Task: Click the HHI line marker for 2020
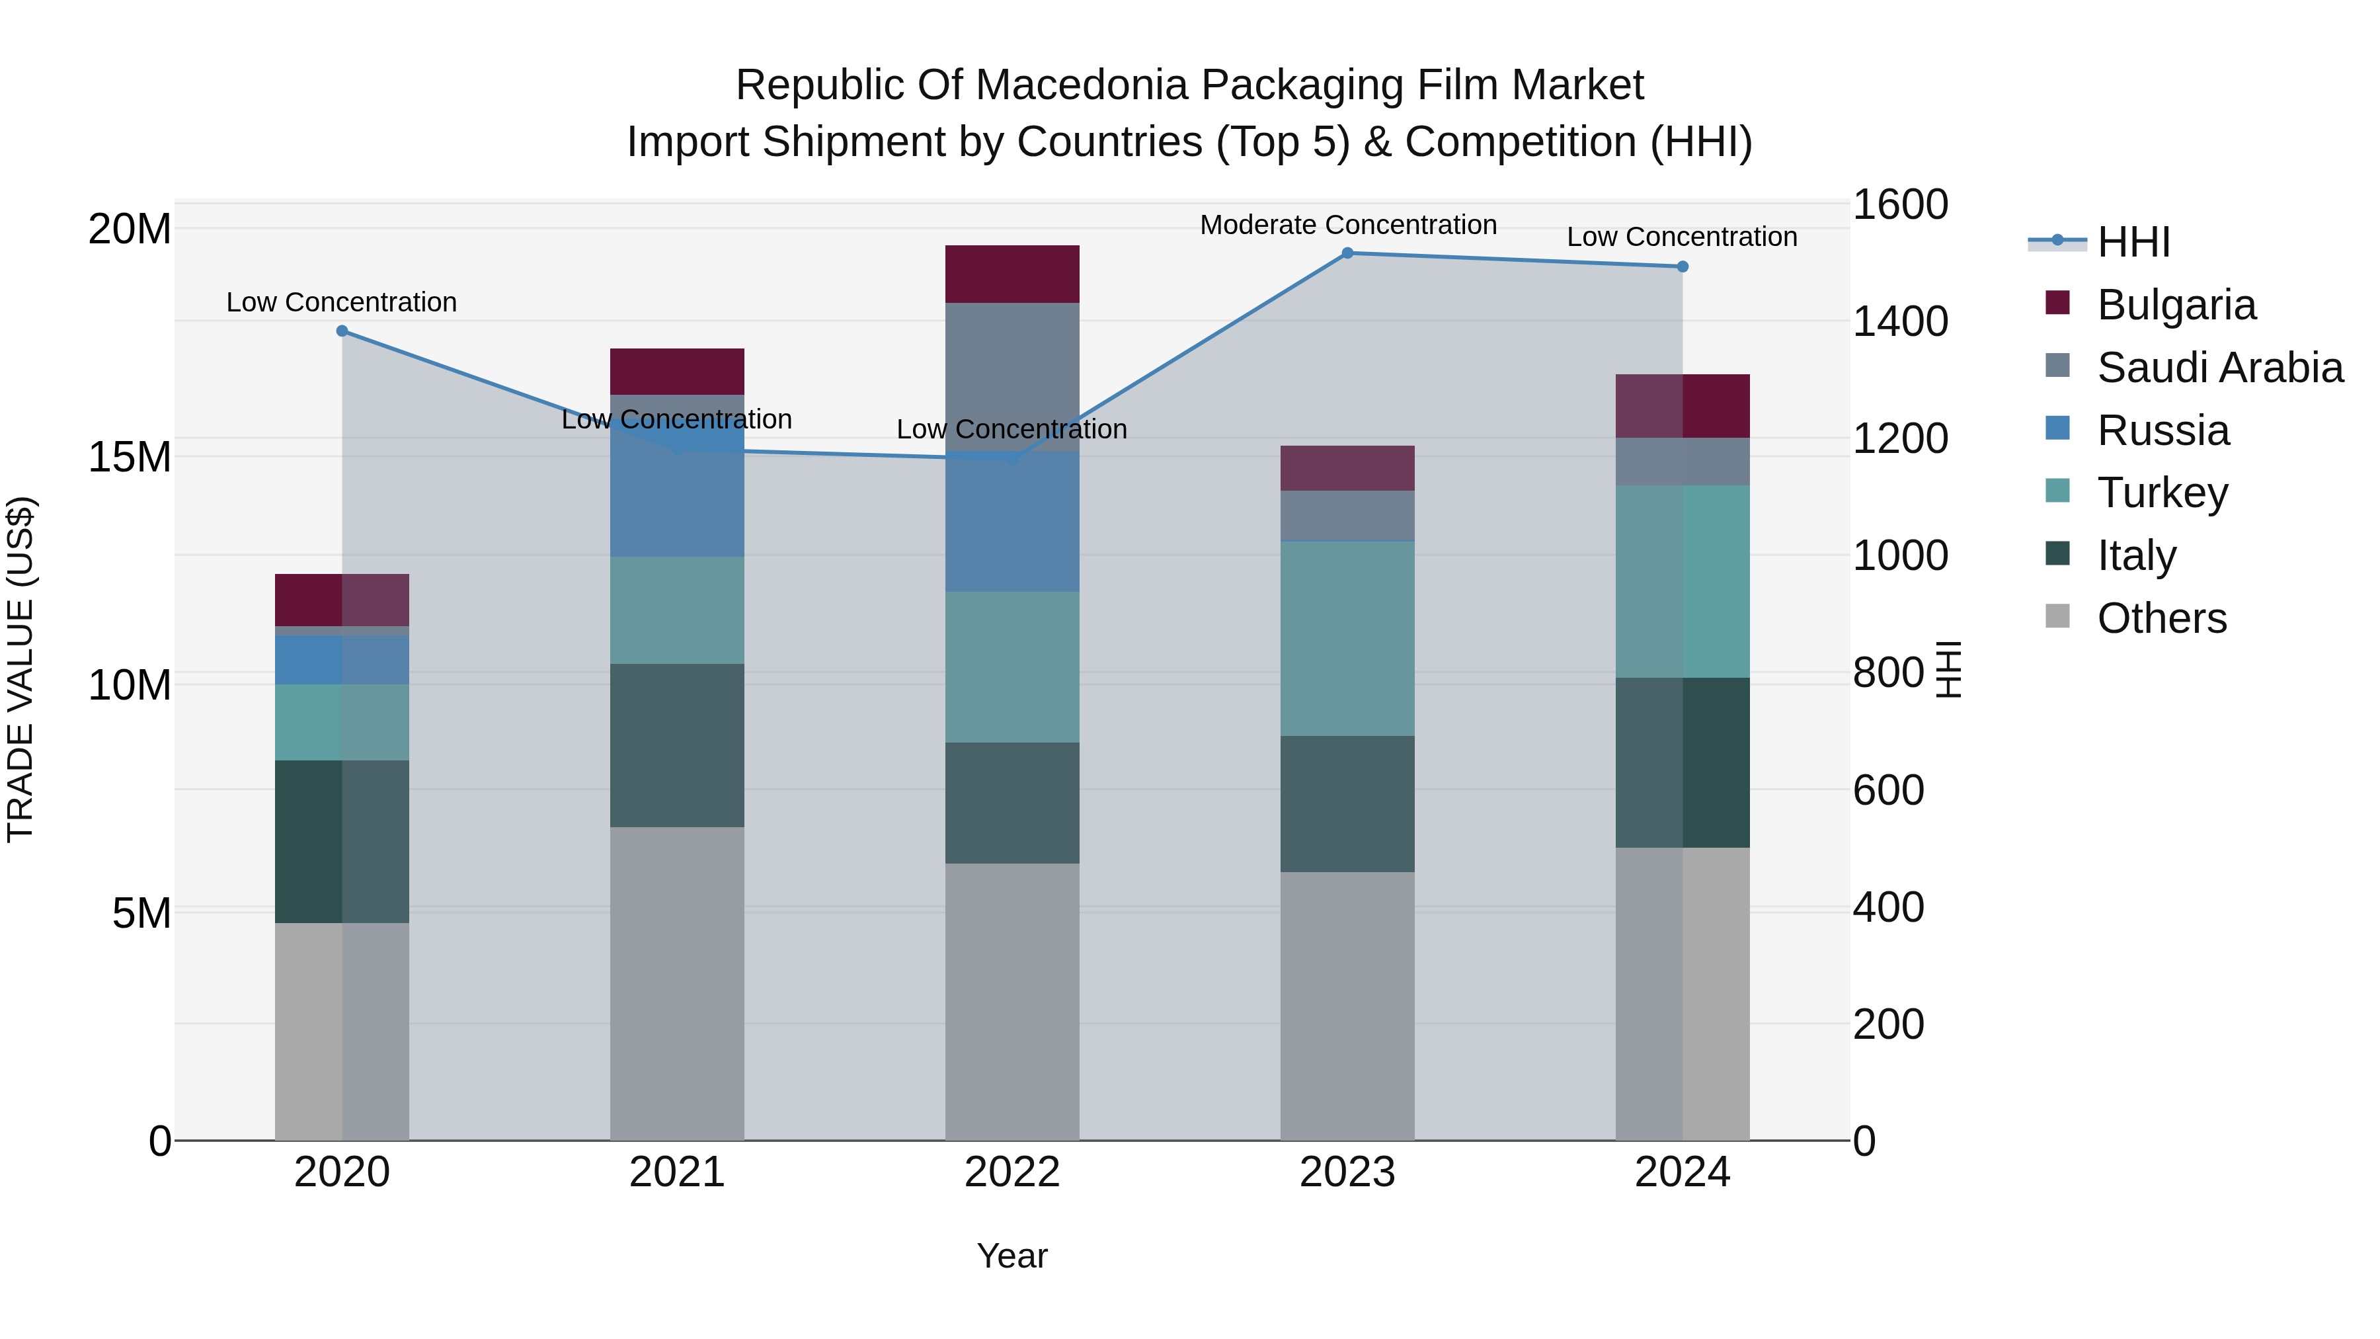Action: point(342,331)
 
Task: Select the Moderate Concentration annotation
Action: point(1347,225)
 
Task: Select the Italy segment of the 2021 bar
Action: point(676,745)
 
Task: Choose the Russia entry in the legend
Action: point(2162,430)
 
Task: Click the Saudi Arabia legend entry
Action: point(2217,368)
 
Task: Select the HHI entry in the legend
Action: point(2132,242)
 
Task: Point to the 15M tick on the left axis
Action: point(130,456)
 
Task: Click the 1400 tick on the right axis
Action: point(1899,321)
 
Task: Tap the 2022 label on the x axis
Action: point(1011,1172)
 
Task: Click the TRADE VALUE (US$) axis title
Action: point(20,669)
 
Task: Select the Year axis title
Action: point(1011,1256)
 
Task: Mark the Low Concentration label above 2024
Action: point(1681,237)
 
